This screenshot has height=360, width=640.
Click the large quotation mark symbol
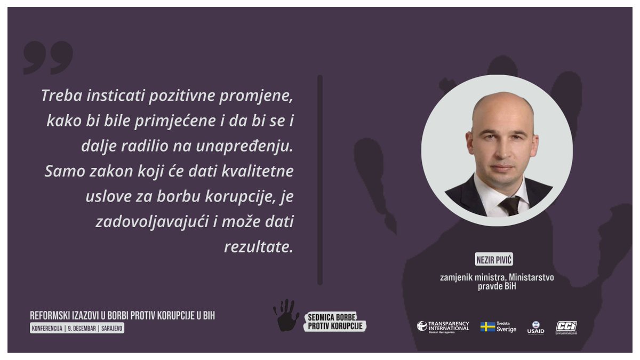pos(48,58)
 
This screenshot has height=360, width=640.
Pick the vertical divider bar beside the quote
pos(320,180)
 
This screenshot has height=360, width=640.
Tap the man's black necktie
pos(510,205)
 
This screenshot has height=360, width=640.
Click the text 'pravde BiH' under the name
pos(497,286)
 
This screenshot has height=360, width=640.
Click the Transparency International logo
pos(443,326)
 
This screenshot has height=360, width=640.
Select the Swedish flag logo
pos(487,326)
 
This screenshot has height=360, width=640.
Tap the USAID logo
pos(535,327)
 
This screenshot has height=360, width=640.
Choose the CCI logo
pos(566,326)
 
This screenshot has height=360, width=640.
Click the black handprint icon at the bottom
pos(286,316)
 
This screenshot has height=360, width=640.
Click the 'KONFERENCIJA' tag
pos(46,329)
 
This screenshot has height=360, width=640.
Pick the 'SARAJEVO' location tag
pos(111,329)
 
